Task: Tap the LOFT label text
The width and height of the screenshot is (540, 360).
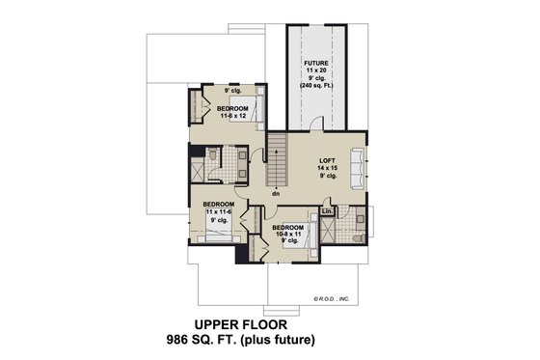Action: coord(327,159)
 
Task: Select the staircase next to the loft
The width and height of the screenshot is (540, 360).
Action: coord(277,160)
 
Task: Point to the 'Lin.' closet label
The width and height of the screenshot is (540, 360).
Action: coord(327,210)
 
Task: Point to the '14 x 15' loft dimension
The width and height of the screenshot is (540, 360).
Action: coord(327,168)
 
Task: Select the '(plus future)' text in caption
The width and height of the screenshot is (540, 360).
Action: coord(285,341)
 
